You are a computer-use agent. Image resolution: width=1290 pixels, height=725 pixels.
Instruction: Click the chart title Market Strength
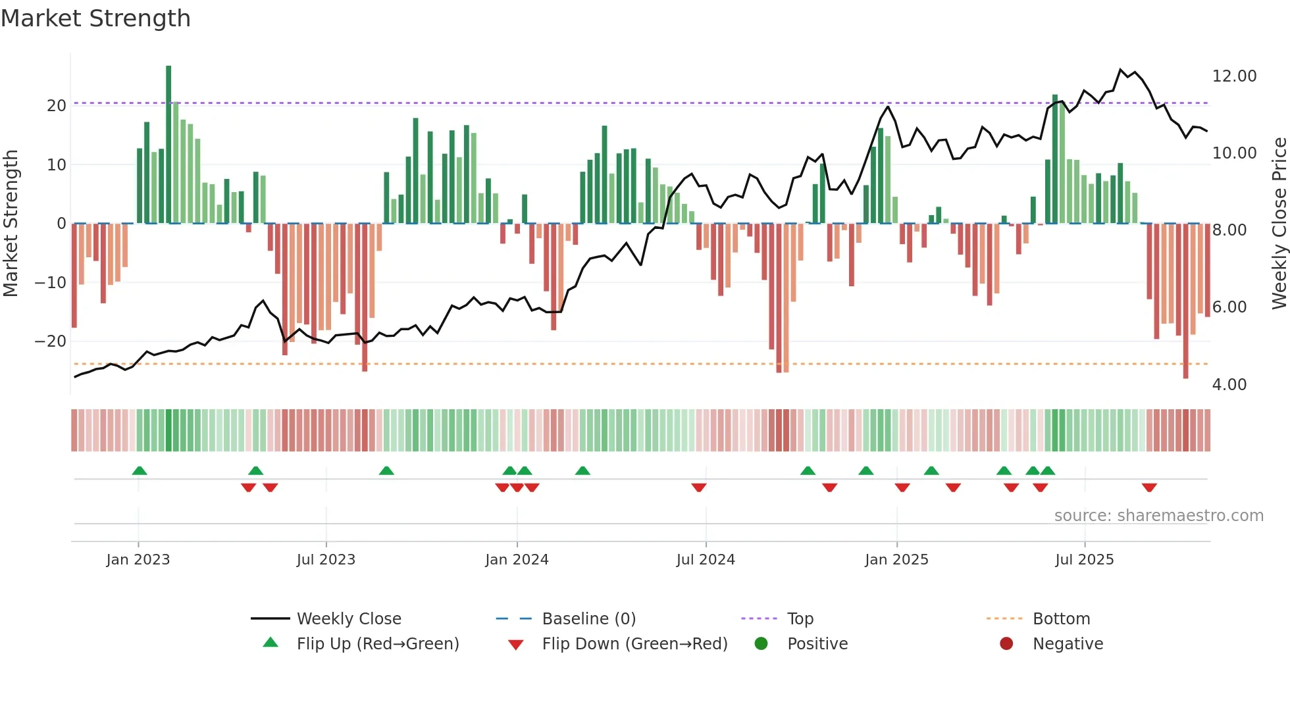coord(95,18)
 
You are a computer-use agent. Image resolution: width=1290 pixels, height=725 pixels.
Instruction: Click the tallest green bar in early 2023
coord(168,145)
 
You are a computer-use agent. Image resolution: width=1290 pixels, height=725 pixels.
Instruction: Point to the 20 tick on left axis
coord(57,106)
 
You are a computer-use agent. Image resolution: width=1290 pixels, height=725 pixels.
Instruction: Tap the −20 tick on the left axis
coord(51,341)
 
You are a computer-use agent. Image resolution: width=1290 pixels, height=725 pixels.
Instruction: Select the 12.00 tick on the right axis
coord(1234,76)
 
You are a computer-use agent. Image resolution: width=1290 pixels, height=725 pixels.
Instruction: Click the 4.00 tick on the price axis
coord(1229,385)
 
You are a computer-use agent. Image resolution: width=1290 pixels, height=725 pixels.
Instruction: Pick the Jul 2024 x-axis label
coord(706,560)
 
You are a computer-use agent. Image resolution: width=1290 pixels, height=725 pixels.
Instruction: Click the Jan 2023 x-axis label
coord(138,560)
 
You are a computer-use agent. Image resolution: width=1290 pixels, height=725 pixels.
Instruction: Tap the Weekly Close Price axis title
coord(1279,224)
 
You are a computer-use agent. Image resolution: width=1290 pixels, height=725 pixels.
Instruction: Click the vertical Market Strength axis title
coord(11,224)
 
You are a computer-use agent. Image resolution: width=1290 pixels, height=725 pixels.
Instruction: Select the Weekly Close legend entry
coord(349,619)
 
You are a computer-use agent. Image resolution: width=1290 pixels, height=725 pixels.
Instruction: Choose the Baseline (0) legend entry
coord(588,619)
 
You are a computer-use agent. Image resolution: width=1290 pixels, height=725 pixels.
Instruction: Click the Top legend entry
coord(800,619)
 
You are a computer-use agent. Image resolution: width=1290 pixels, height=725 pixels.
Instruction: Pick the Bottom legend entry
coord(1061,619)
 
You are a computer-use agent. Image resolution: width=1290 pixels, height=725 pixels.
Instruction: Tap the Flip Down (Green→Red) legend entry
coord(634,644)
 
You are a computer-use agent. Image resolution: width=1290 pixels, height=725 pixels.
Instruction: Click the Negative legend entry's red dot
coord(1006,644)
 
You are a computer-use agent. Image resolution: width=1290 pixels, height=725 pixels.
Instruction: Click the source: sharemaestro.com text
coord(1158,516)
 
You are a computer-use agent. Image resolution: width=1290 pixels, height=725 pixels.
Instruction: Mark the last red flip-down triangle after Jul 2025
coord(1149,488)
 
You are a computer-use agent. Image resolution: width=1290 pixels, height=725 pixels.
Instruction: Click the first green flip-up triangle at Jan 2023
coord(140,470)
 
